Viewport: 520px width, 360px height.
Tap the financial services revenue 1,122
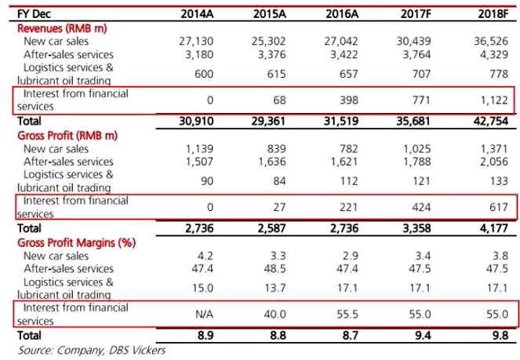click(497, 100)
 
